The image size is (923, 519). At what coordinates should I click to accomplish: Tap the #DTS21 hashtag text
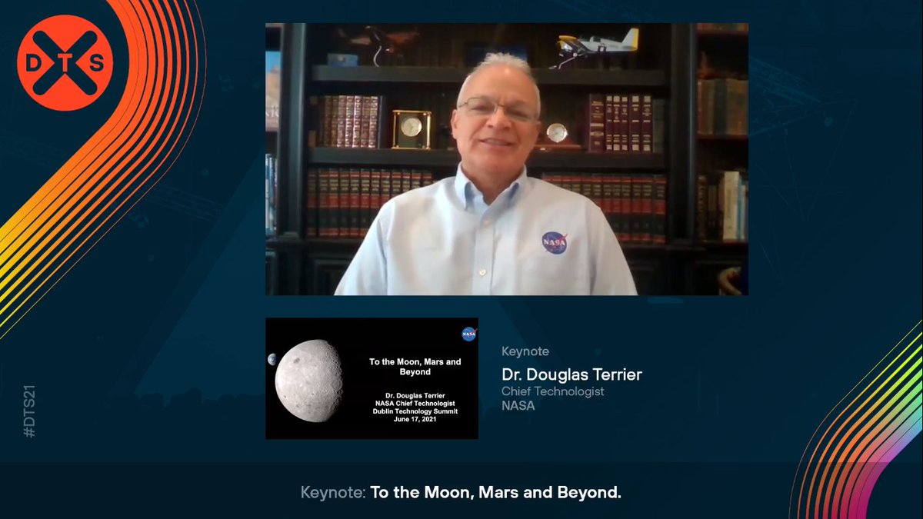(x=30, y=412)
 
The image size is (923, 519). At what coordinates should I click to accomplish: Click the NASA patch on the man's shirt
(x=555, y=242)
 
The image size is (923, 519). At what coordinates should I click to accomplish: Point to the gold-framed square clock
(x=412, y=128)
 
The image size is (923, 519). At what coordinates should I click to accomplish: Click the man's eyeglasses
(x=496, y=109)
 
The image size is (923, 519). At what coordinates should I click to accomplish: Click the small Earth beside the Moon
(x=272, y=359)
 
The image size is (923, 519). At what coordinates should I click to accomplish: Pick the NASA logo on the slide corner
(x=468, y=334)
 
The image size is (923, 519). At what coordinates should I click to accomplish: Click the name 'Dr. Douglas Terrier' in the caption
(x=571, y=375)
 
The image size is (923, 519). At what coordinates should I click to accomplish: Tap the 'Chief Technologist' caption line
(x=552, y=391)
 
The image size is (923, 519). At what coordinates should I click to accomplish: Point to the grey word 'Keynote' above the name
(x=525, y=351)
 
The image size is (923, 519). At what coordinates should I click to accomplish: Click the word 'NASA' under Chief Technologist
(x=518, y=406)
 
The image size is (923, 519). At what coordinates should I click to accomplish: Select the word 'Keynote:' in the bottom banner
(x=333, y=492)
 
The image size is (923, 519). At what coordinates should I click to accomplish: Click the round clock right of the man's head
(x=556, y=132)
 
